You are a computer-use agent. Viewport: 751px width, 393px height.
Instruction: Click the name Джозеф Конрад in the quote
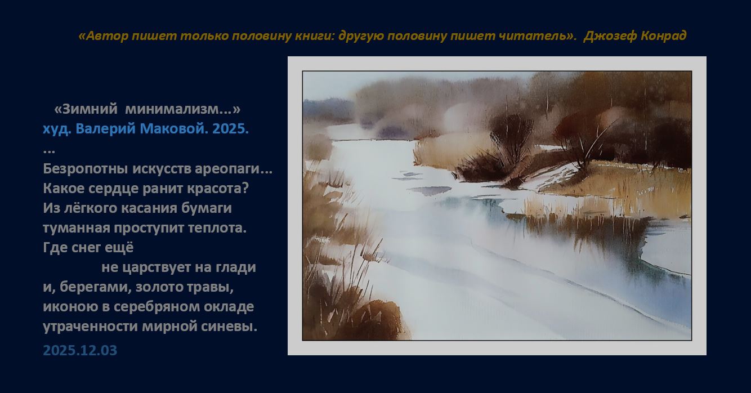[635, 35]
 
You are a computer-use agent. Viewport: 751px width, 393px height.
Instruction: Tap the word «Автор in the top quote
[103, 35]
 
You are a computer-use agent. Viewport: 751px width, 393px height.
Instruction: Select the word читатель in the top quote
[534, 35]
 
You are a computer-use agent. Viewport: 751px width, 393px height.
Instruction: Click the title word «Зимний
[86, 109]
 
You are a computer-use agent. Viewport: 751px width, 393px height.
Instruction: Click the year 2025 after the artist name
[230, 128]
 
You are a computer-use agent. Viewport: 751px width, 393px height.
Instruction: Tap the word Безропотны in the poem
[85, 169]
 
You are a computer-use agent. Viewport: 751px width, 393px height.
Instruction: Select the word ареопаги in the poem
[227, 169]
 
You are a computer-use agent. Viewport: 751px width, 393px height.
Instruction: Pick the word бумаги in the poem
[207, 208]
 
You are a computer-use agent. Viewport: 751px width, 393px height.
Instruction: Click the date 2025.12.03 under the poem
[80, 350]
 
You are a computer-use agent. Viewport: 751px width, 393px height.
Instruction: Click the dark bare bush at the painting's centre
[509, 141]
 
